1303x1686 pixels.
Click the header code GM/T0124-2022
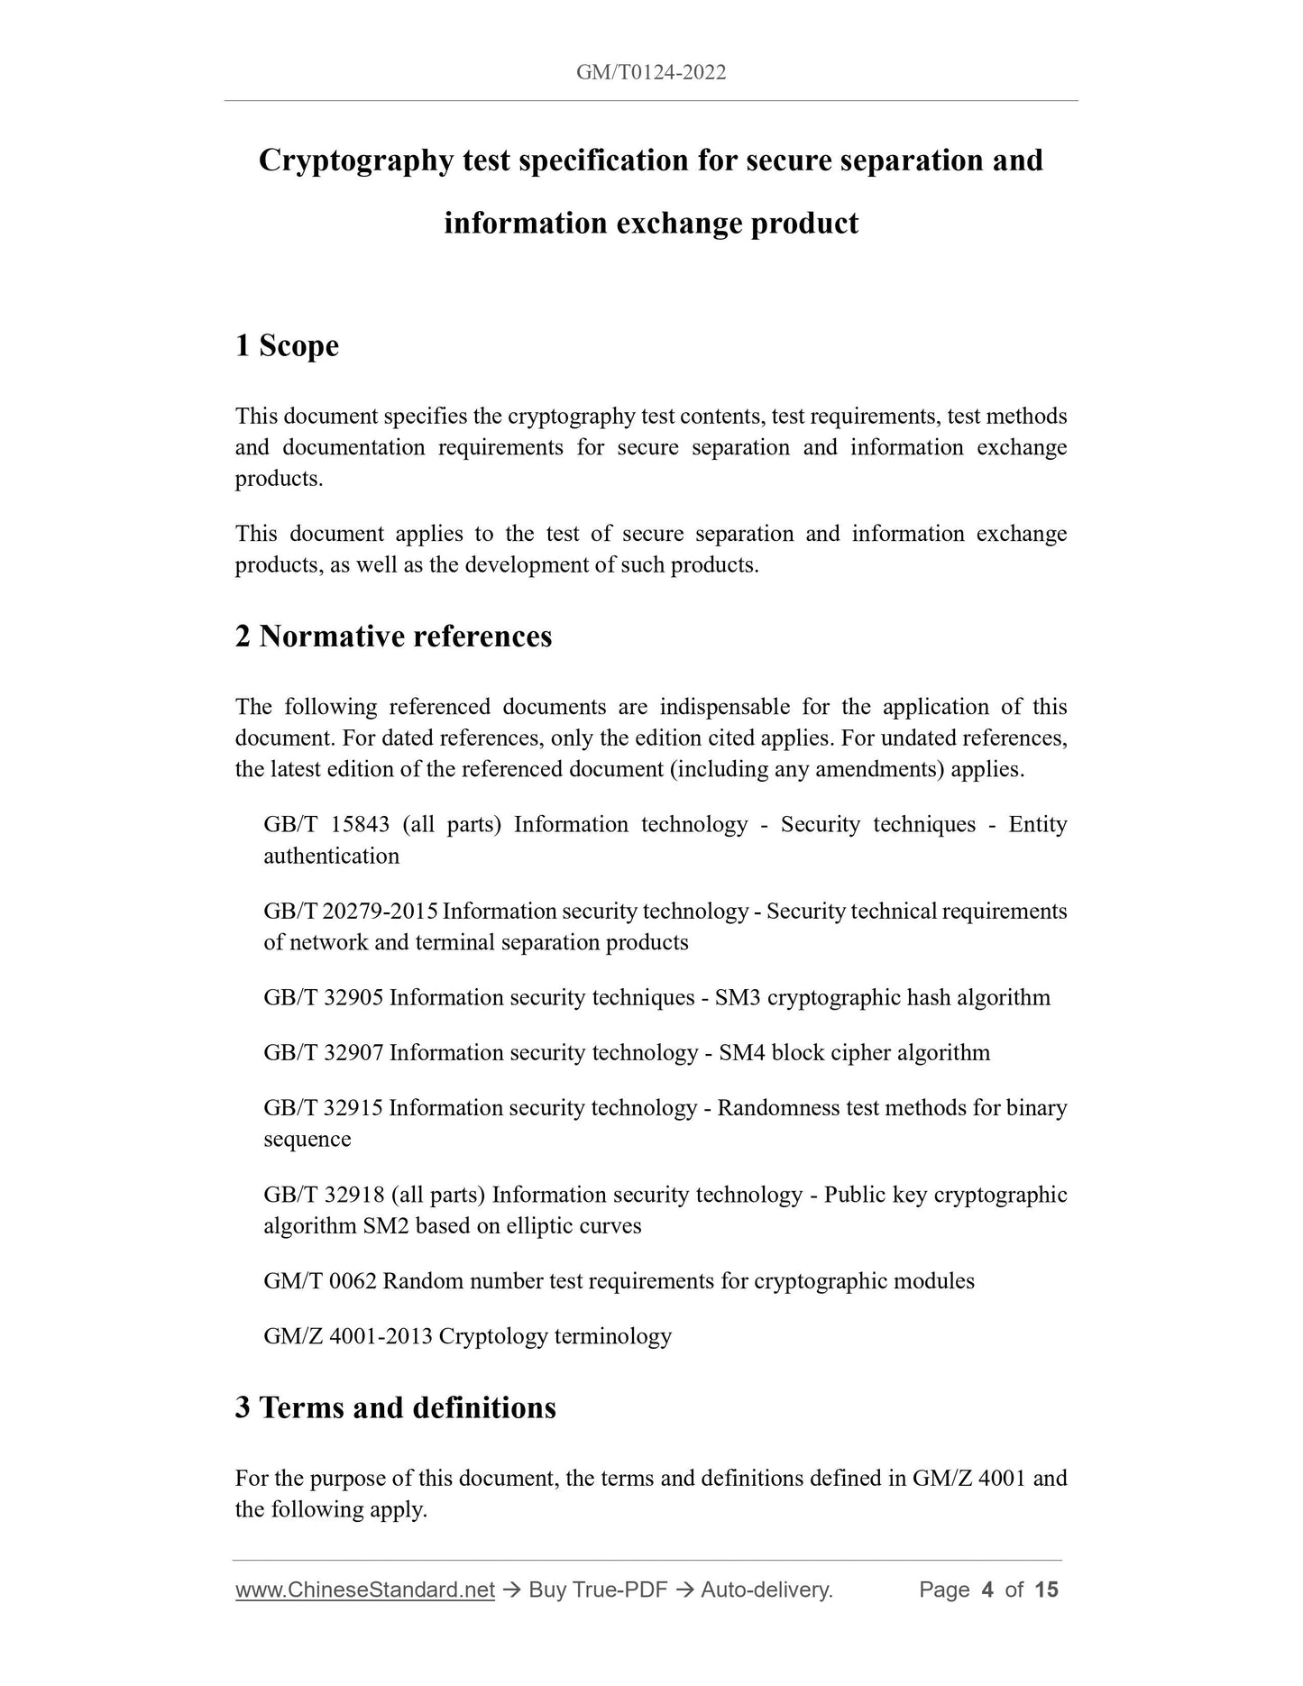[650, 73]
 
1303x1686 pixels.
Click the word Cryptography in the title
[355, 160]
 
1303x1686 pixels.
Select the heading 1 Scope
[287, 346]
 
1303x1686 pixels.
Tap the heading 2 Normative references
[393, 637]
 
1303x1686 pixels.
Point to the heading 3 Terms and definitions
[395, 1407]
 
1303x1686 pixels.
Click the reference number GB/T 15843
[326, 825]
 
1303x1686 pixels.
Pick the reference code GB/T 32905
[324, 998]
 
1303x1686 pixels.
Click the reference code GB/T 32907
[324, 1053]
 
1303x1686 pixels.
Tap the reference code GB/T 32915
[324, 1108]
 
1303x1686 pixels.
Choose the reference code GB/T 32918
[324, 1195]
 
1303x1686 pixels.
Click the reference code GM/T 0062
[319, 1281]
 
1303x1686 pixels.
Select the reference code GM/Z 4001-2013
[348, 1336]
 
